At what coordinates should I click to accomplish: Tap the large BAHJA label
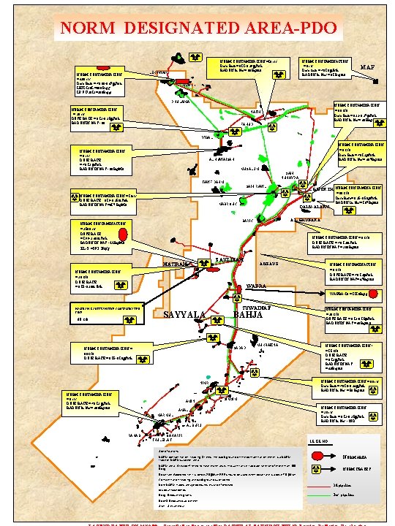tap(248, 315)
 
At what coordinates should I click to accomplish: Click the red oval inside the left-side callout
tap(123, 234)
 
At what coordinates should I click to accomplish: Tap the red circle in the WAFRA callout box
tap(374, 294)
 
